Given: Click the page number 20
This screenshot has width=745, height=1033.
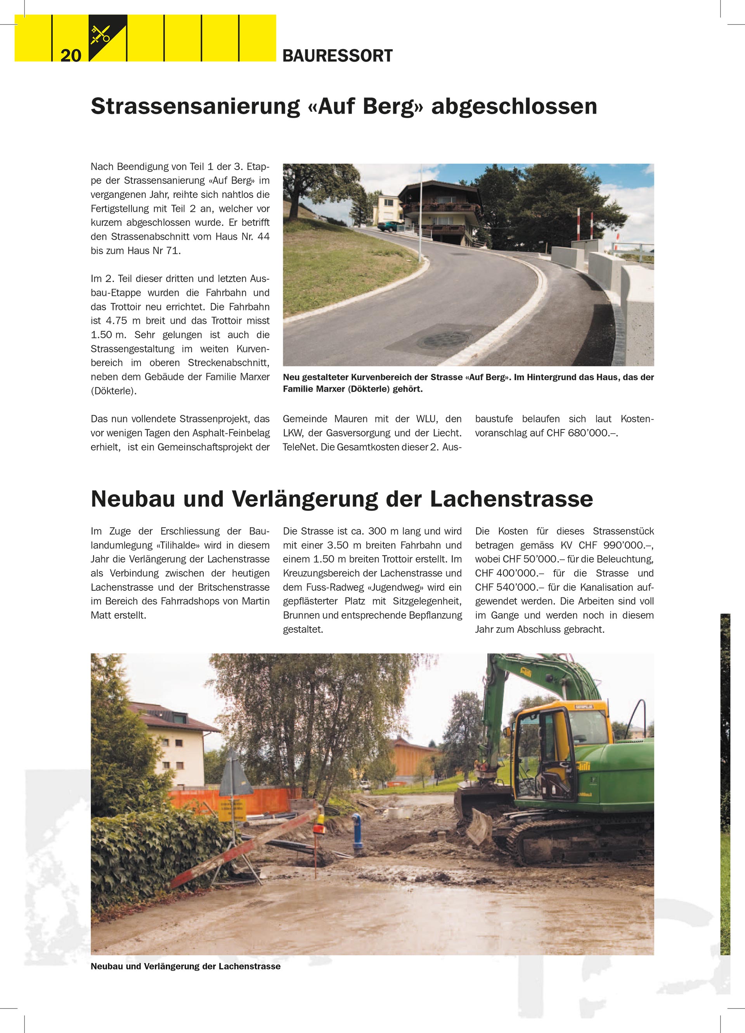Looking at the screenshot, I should [x=71, y=55].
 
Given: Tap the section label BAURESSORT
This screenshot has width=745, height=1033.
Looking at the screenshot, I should [x=337, y=56].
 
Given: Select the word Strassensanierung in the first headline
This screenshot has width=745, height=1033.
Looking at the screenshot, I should [x=196, y=106].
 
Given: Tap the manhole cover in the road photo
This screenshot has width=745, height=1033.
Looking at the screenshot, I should [x=444, y=339].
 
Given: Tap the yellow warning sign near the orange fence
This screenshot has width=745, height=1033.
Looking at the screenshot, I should [x=232, y=810].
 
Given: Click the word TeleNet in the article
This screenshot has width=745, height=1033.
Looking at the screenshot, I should [x=300, y=447].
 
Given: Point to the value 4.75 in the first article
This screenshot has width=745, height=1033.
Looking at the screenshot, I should [x=116, y=321].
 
